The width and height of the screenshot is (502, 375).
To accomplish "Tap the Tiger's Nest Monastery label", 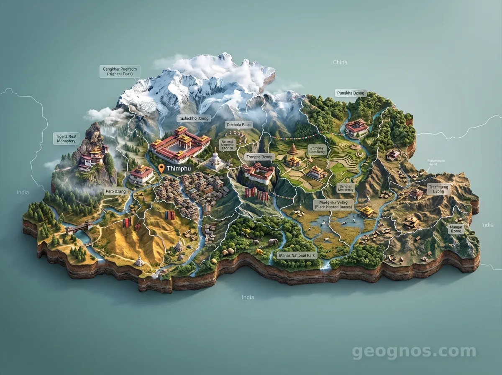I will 66,139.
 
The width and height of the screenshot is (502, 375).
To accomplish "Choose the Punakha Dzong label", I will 351,93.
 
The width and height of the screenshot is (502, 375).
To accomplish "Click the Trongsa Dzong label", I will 259,157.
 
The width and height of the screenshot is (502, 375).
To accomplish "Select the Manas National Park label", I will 297,255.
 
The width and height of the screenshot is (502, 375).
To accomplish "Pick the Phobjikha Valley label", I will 334,204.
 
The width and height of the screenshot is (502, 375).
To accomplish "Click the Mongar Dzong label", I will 456,229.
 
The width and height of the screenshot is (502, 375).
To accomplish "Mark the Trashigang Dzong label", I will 438,189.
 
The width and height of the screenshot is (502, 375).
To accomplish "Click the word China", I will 340,62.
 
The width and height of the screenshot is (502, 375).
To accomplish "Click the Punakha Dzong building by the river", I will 356,127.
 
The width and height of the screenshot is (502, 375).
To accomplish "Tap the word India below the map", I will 248,297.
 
